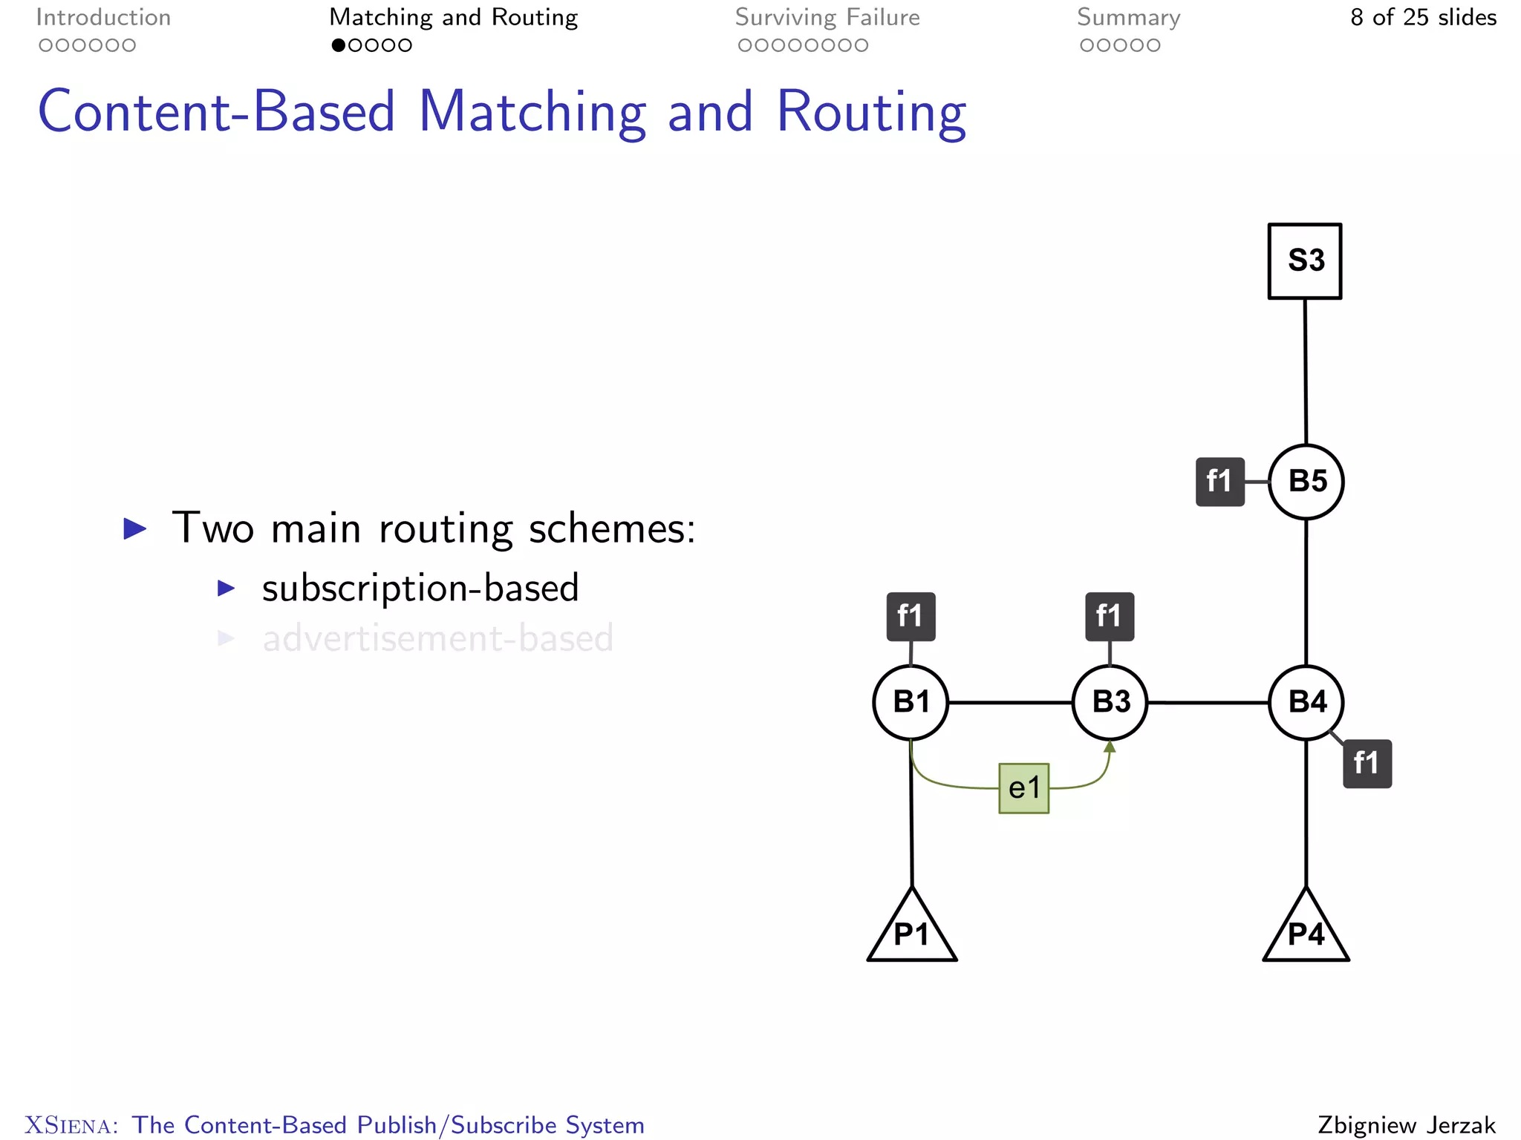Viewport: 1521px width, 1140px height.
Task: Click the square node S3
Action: [1305, 261]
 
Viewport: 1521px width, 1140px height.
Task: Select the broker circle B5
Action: [1306, 482]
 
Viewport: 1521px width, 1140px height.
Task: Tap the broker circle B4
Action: [1306, 702]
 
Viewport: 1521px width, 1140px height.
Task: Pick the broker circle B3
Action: [1110, 702]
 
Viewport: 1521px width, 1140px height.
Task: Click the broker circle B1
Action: [911, 702]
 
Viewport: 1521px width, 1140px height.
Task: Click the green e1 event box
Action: [1024, 788]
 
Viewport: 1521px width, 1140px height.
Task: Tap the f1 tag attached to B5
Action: [1219, 482]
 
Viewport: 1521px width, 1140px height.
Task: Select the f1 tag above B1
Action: [911, 616]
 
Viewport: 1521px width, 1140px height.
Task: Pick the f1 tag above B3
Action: [1110, 616]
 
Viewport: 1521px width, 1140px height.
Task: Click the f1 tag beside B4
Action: [1367, 764]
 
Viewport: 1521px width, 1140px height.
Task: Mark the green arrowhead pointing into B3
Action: [1110, 747]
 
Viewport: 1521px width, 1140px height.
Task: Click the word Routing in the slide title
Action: [870, 113]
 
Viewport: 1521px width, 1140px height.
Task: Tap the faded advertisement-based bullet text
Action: [438, 639]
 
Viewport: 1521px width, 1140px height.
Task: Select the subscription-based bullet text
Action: [420, 589]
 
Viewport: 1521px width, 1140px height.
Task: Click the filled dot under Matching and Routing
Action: [339, 45]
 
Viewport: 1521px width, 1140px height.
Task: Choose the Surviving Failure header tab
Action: [827, 18]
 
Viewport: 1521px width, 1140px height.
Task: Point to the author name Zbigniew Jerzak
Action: [1407, 1125]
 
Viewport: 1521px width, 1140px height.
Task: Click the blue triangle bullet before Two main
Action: [135, 529]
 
